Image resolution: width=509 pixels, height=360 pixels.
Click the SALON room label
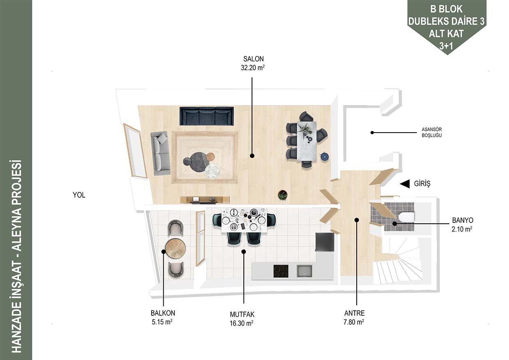click(253, 59)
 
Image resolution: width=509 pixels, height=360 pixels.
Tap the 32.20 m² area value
click(253, 68)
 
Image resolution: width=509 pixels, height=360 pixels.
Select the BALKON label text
click(163, 313)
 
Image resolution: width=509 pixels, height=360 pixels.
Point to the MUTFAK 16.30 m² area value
click(241, 323)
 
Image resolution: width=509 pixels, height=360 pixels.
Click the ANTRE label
click(354, 313)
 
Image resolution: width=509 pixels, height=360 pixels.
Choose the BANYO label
click(463, 220)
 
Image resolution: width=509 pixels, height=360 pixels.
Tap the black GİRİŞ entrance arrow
click(405, 183)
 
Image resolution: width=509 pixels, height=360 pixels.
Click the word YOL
click(79, 195)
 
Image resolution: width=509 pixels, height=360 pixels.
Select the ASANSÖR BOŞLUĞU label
click(432, 132)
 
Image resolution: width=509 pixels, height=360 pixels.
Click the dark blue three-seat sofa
click(206, 116)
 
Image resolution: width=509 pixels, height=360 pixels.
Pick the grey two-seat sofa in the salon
click(160, 153)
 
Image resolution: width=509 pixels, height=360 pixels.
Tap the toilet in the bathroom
click(406, 217)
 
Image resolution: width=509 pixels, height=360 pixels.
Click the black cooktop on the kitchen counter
click(281, 271)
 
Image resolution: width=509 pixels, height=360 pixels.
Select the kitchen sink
click(304, 271)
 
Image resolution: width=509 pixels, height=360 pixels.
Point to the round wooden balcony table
click(175, 248)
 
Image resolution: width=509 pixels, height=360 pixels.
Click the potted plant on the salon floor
click(282, 195)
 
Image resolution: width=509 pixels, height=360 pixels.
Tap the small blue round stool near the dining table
click(324, 157)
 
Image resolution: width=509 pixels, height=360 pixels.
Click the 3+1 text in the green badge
click(446, 46)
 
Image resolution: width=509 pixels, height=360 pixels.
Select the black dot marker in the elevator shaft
click(372, 133)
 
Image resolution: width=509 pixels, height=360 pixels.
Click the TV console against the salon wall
click(205, 200)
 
